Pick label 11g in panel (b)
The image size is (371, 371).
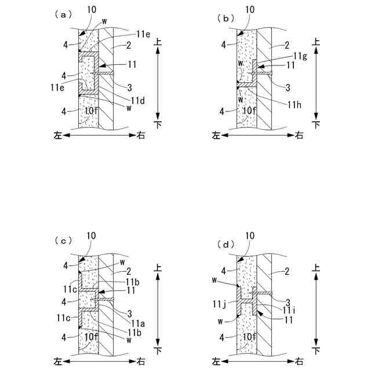(300, 56)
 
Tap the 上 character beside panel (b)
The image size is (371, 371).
(317, 41)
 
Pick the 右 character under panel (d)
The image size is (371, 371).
(299, 362)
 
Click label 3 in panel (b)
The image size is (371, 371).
(288, 87)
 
